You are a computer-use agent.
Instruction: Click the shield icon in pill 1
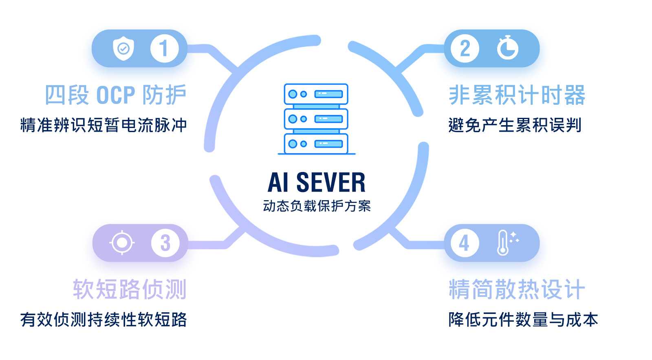coord(123,49)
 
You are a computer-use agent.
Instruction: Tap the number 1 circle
coord(164,49)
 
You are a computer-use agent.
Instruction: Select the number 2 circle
coord(465,49)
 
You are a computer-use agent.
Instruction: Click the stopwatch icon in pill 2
coord(507,48)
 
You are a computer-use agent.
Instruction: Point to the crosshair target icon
coord(122,243)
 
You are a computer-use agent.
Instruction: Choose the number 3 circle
coord(165,243)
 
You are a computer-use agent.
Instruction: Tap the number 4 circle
coord(465,243)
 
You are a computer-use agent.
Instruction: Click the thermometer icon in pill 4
coord(504,243)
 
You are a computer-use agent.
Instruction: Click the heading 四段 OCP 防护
coord(115,95)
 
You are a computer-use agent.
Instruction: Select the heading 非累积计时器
coord(517,95)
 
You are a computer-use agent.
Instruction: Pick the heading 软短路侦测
coord(130,289)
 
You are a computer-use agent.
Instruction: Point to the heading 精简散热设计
coord(517,289)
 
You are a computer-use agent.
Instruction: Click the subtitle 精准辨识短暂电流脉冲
coord(104,125)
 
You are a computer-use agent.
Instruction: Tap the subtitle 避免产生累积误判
coord(515,125)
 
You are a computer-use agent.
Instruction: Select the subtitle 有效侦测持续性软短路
coord(104,320)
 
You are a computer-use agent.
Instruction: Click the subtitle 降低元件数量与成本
coord(523,320)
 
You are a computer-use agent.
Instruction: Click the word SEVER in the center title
coord(330,182)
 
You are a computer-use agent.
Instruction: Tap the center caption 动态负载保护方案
coord(317,206)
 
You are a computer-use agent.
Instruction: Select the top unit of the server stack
coord(316,94)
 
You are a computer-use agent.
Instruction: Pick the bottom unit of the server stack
coord(316,144)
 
